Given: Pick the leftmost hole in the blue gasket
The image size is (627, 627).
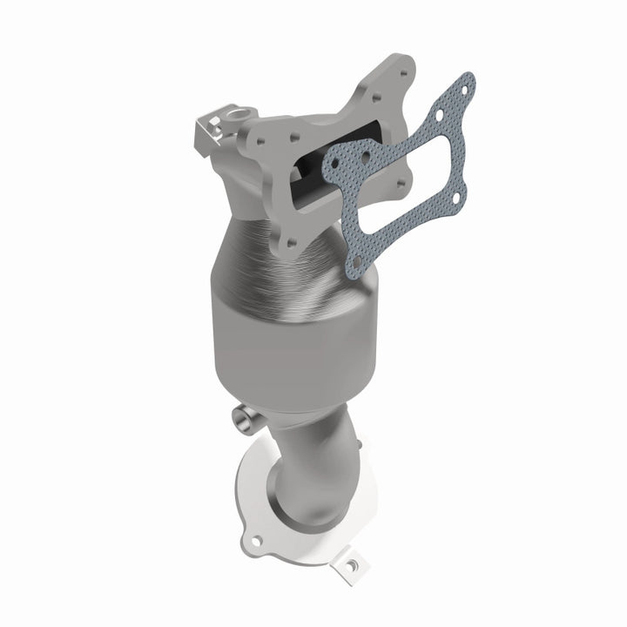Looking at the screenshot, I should [333, 163].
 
